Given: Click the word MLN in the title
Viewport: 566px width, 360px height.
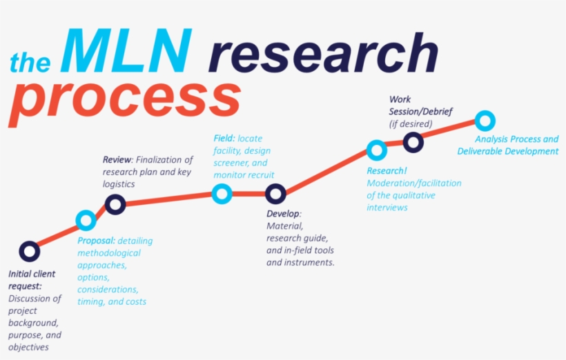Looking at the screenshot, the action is click(126, 50).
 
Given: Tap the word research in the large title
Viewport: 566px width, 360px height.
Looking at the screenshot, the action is click(324, 52).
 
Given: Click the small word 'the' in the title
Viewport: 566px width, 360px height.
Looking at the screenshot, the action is click(30, 62).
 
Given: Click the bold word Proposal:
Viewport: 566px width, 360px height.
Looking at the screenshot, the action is click(97, 241).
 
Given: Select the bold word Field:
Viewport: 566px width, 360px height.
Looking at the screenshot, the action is click(224, 138).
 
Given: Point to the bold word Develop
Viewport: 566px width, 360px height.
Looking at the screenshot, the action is click(284, 214).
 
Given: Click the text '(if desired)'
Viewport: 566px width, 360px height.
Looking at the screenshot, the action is click(411, 123).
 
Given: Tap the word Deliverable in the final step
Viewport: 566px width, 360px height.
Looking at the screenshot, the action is click(479, 151).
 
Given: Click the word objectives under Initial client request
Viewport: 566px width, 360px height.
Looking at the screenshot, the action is click(28, 347).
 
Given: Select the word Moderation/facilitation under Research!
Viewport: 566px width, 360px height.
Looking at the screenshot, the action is click(414, 183).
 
